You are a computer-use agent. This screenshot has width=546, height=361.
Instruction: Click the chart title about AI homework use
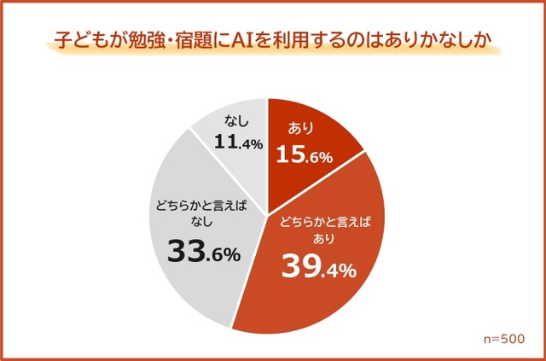pyautogui.click(x=272, y=40)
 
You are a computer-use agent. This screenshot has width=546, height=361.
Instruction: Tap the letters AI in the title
pyautogui.click(x=243, y=40)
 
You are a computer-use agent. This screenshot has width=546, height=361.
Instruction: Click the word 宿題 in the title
pyautogui.click(x=201, y=40)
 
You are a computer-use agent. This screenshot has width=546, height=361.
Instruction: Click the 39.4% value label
pyautogui.click(x=318, y=270)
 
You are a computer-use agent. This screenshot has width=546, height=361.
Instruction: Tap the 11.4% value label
pyautogui.click(x=226, y=144)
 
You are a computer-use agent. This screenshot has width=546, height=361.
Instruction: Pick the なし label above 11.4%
pyautogui.click(x=225, y=123)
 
